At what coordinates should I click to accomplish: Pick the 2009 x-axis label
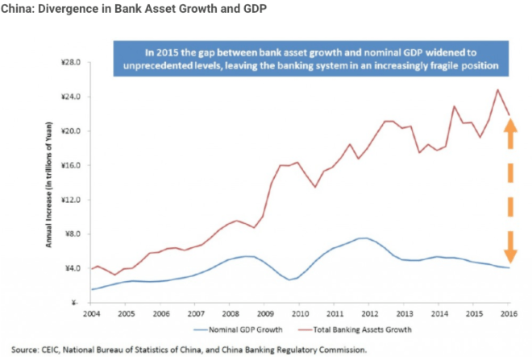pyautogui.click(x=264, y=312)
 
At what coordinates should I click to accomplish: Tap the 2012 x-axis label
pyautogui.click(x=368, y=312)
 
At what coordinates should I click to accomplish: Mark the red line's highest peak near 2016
pyautogui.click(x=497, y=89)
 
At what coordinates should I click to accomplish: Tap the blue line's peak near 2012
pyautogui.click(x=364, y=238)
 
